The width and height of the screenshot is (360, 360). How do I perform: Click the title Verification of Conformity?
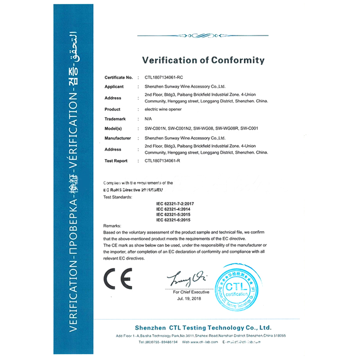click(x=203, y=60)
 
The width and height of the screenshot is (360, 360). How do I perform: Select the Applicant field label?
click(x=114, y=87)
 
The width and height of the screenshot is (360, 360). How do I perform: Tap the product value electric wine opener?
click(x=163, y=109)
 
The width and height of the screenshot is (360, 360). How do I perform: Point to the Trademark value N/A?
click(x=148, y=119)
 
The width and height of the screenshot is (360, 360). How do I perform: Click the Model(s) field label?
click(x=114, y=128)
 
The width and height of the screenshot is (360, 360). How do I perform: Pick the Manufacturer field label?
click(x=117, y=138)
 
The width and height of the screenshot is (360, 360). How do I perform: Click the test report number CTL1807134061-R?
click(x=162, y=161)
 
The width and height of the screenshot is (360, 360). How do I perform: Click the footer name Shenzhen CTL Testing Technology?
click(x=203, y=328)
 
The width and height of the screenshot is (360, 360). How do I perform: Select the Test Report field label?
click(x=116, y=161)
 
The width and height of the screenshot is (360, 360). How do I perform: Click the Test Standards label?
click(x=117, y=197)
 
